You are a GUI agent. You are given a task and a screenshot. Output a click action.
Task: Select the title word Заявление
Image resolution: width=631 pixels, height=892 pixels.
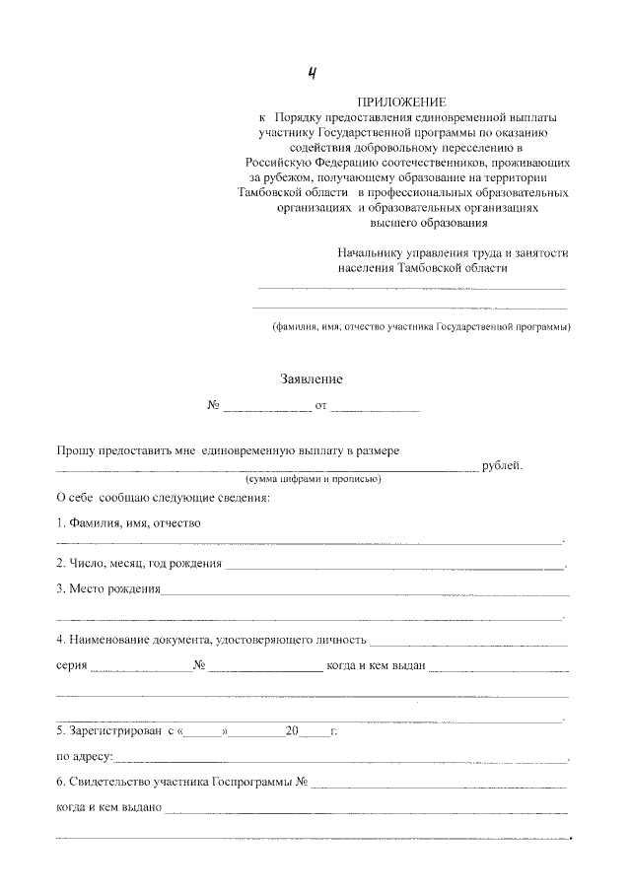313,378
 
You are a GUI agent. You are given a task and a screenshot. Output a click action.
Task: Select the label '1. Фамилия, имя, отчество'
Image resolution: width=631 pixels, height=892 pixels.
128,522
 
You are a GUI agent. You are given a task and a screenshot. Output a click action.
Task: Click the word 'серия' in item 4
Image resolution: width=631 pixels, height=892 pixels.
70,665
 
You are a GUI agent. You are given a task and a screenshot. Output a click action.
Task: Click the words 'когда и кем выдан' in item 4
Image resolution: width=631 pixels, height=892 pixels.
376,665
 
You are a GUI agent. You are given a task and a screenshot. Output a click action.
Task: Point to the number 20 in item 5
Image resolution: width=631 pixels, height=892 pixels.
291,731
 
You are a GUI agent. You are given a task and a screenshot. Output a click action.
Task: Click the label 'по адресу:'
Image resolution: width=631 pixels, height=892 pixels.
84,758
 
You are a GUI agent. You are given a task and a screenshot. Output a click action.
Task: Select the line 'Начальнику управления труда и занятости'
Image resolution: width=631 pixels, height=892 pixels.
453,253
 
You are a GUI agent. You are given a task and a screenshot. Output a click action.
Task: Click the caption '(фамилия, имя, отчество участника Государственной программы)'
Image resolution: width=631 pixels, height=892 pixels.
421,326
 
